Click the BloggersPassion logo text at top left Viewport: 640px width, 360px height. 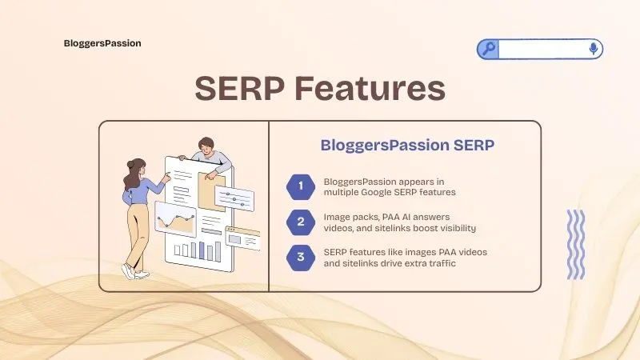tap(102, 43)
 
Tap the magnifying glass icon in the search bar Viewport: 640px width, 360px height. tap(488, 49)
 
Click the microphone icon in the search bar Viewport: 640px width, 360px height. tap(593, 49)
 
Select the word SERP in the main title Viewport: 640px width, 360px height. tap(238, 88)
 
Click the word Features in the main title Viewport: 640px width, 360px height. tap(368, 88)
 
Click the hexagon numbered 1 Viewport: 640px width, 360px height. tap(301, 187)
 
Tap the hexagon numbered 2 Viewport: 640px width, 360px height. tap(301, 222)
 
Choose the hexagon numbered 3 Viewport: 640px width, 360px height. tap(301, 257)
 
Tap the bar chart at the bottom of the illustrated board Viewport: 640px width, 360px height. tap(197, 251)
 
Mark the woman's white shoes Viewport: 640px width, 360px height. tap(134, 272)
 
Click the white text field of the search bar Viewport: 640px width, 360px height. tap(542, 49)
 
